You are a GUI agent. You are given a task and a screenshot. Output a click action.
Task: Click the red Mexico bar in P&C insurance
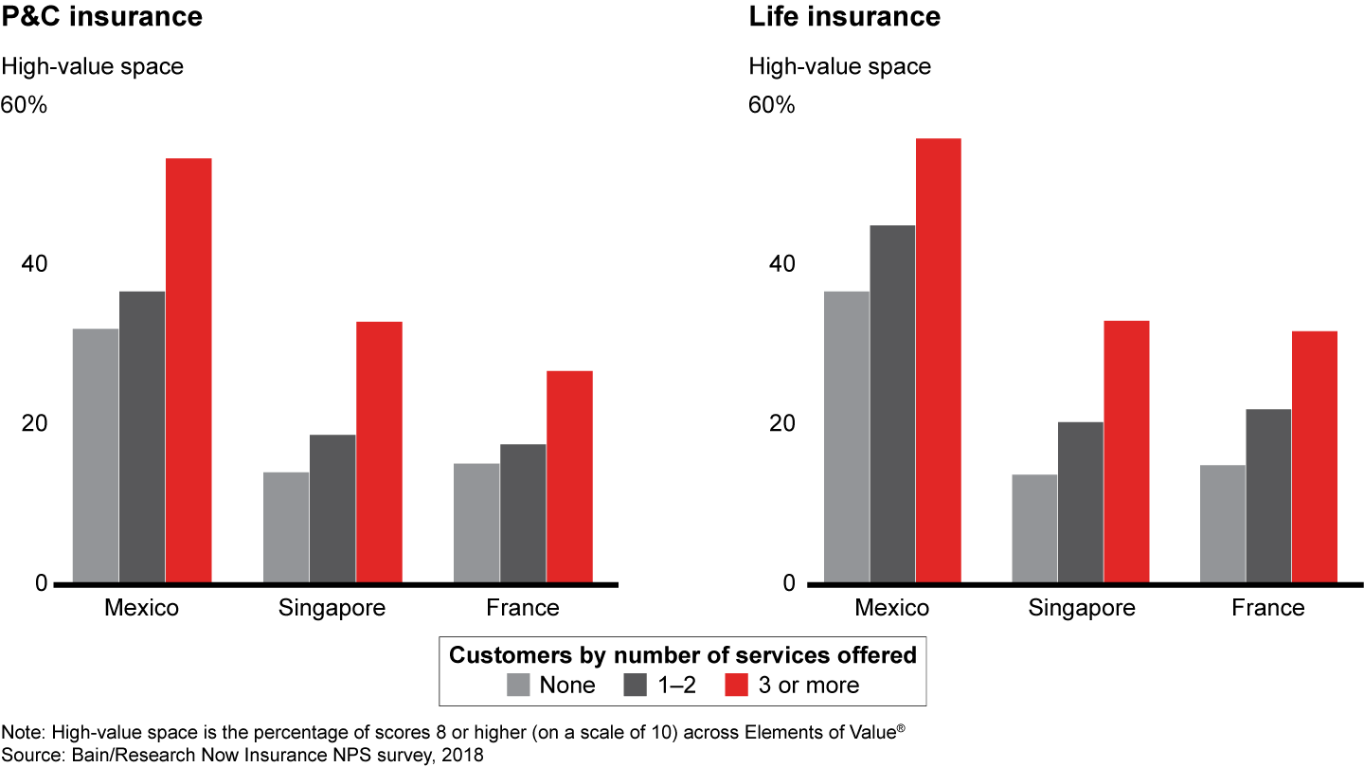coord(188,370)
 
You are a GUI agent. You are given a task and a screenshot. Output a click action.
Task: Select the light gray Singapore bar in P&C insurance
coord(286,527)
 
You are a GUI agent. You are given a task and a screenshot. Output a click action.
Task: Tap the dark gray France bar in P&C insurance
coord(523,513)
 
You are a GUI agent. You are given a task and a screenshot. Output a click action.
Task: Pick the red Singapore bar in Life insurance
coord(1126,452)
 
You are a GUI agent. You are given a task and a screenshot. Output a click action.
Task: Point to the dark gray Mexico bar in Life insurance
coord(892,404)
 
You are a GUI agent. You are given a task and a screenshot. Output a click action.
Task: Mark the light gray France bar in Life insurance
coord(1222,524)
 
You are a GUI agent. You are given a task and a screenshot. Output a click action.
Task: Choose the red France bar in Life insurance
coord(1315,456)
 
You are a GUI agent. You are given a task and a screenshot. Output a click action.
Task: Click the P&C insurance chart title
coord(102,17)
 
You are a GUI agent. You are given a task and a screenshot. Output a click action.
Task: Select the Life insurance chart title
coord(844,17)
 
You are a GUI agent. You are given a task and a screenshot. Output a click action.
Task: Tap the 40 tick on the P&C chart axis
coord(34,264)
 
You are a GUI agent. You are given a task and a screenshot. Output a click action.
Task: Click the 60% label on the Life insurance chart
coord(772,104)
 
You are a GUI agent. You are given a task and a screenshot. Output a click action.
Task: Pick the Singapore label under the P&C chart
coord(332,608)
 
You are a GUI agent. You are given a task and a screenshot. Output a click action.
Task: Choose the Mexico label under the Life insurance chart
coord(891,608)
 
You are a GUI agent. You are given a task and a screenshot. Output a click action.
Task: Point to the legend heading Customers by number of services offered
coord(682,655)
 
